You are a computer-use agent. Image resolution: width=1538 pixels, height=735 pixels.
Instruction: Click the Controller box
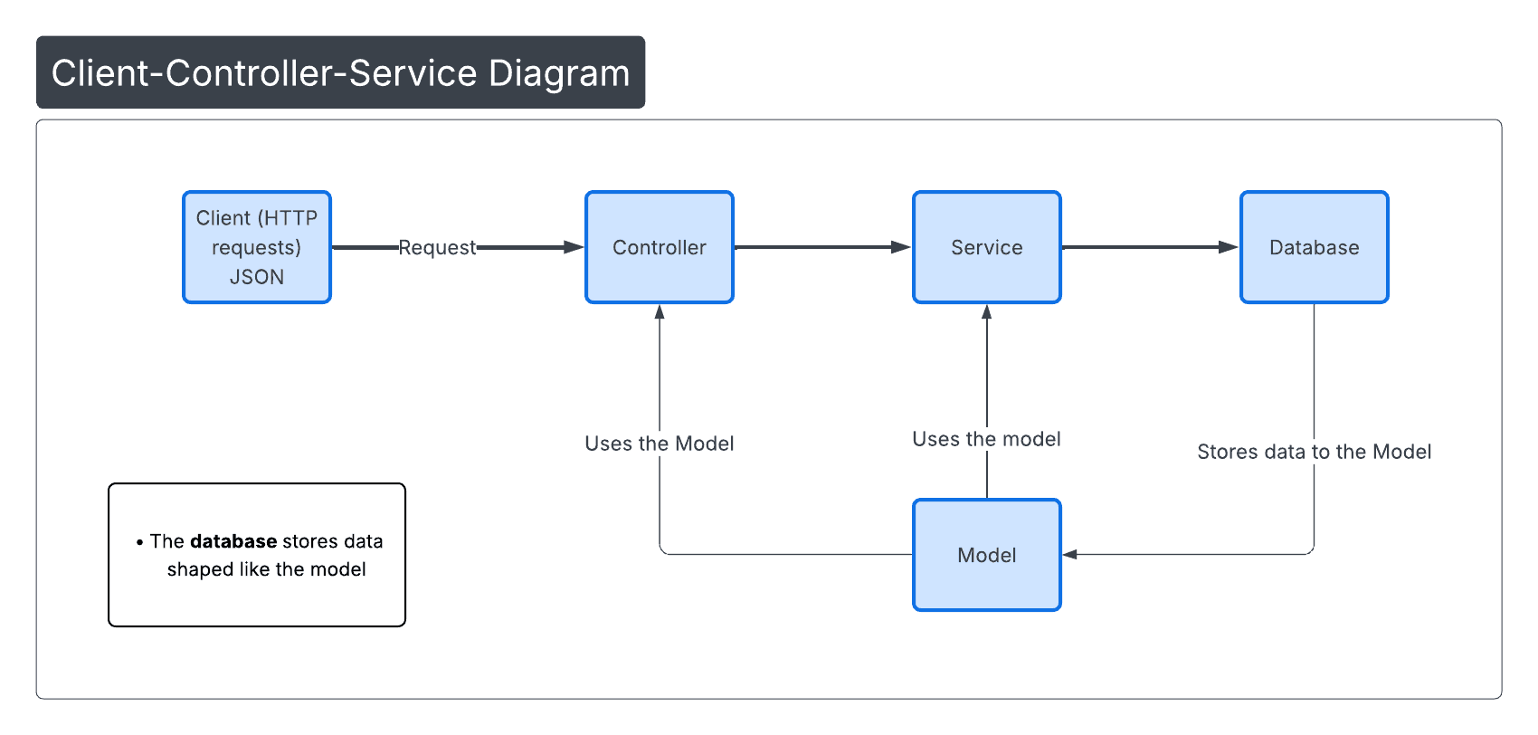659,247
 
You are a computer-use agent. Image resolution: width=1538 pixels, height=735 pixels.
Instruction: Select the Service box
986,247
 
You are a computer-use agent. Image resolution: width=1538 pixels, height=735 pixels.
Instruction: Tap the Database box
1314,247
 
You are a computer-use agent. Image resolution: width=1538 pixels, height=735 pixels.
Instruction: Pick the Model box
986,555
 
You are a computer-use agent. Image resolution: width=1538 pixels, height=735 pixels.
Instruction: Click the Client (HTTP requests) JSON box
257,247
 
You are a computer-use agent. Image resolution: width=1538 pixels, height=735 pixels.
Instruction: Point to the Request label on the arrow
437,247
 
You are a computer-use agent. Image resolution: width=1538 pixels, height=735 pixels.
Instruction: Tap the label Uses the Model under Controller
659,444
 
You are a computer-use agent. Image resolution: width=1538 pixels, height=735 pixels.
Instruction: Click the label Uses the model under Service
986,439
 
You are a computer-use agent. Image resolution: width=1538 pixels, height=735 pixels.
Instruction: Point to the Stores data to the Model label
1314,452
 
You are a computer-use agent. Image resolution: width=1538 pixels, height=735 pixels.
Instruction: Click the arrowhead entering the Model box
1069,554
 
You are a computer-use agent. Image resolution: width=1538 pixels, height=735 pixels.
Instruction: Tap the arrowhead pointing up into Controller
660,312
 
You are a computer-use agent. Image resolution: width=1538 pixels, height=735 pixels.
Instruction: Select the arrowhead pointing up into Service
987,312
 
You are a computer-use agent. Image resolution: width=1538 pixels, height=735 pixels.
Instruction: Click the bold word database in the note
233,541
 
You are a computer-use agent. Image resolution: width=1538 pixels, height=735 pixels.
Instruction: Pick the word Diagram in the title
559,73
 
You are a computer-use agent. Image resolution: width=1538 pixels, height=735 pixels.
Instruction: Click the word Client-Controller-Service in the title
263,73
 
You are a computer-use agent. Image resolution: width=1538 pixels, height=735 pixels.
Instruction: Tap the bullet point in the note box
139,542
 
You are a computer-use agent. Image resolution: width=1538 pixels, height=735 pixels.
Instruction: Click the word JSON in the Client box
257,277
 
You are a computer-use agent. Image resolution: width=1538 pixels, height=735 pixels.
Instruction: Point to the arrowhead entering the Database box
1229,247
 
